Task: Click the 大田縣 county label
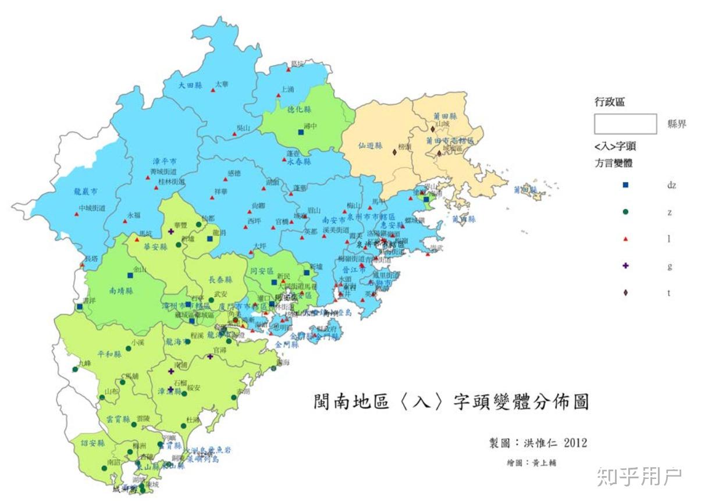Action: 190,85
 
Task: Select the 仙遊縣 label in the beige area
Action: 369,146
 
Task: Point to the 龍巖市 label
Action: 85,191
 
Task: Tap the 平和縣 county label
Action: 109,354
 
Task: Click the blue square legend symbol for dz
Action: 625,185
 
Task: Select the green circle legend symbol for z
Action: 625,212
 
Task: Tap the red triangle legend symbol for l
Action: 625,239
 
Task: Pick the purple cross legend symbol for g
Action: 625,265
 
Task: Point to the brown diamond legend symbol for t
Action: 625,292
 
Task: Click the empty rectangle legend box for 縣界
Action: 625,124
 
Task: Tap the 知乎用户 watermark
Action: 639,477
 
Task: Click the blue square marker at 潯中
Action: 301,132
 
